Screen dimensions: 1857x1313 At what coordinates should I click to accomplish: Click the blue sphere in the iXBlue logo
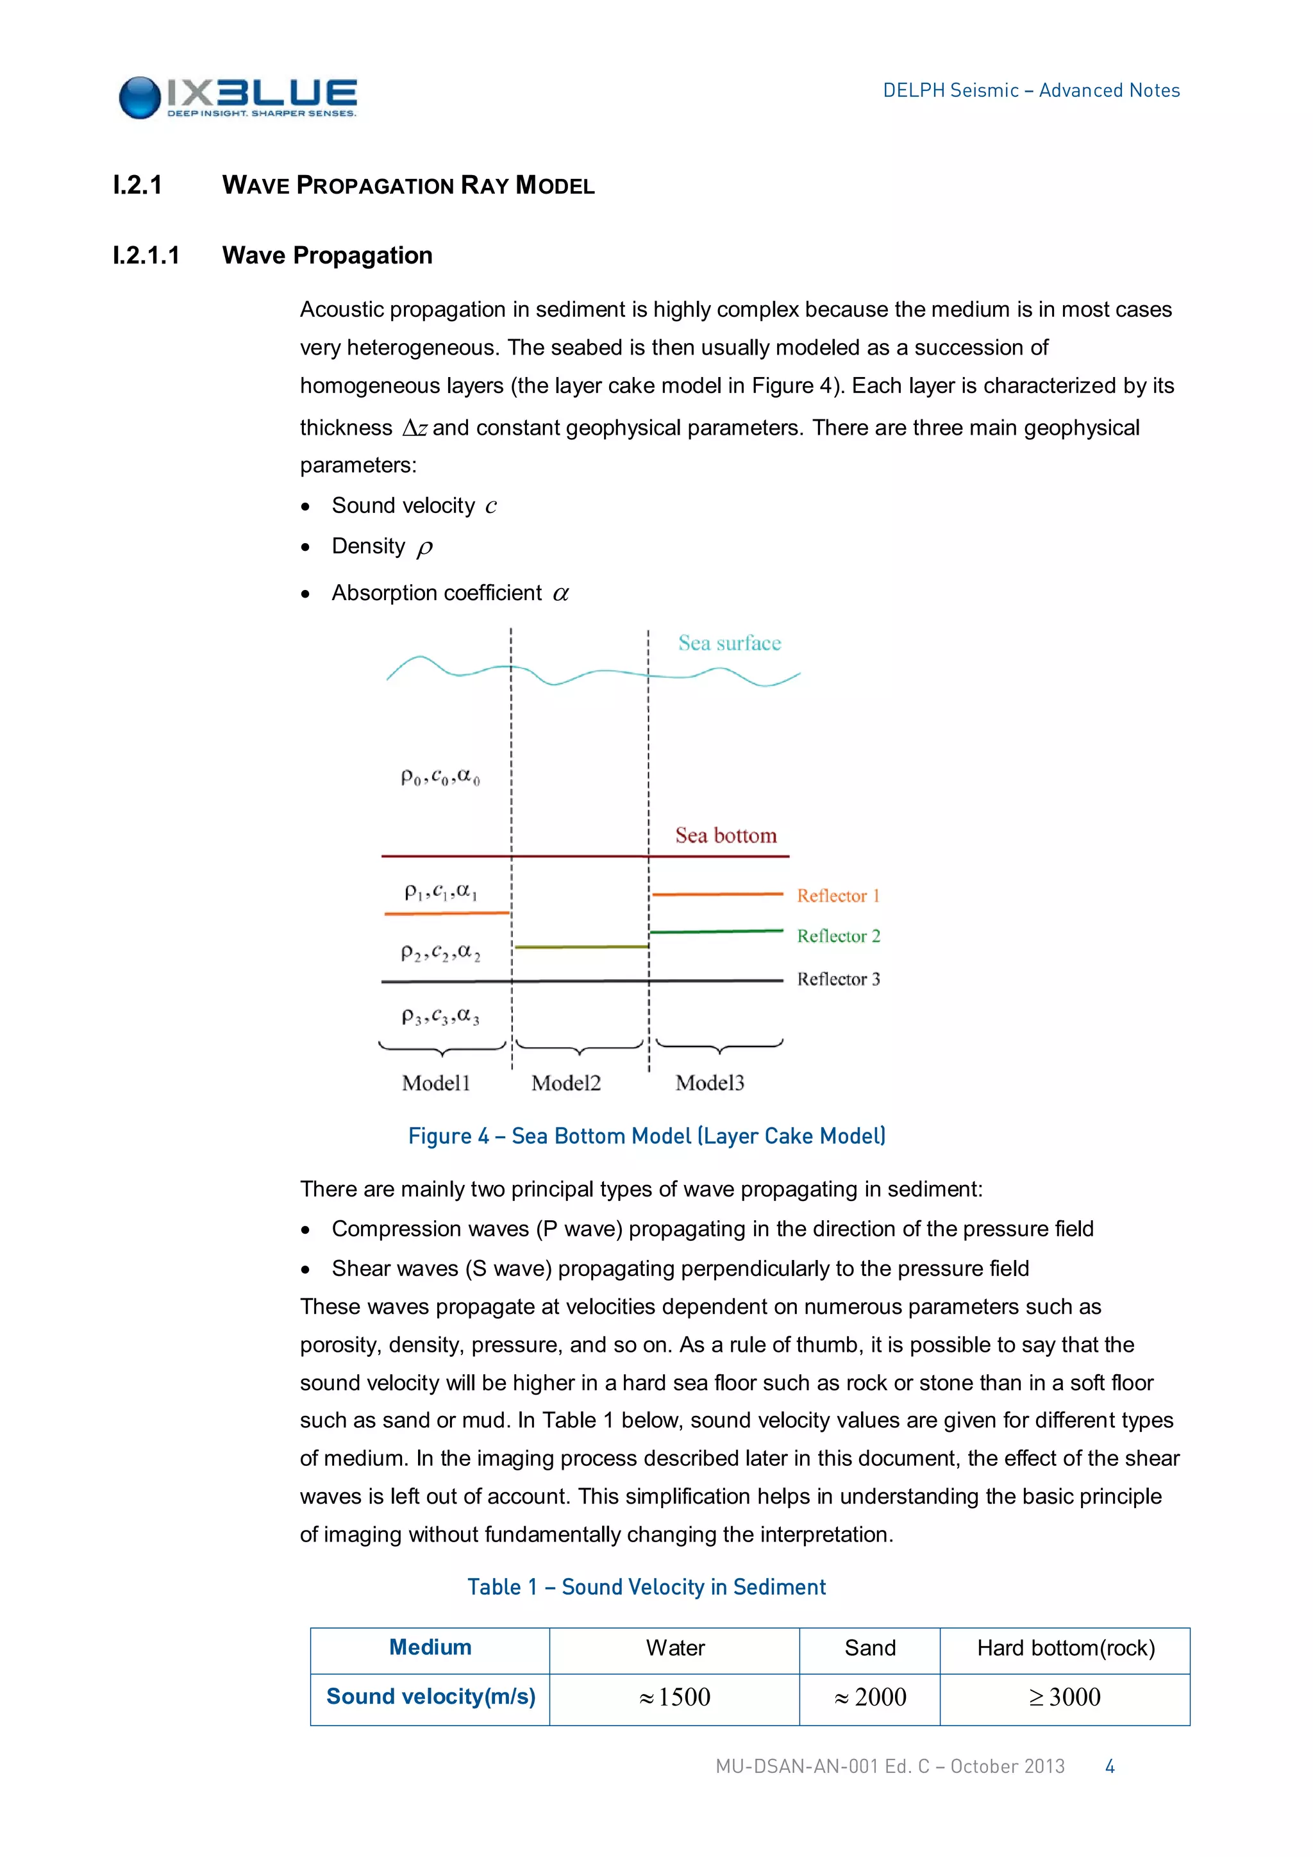(x=140, y=98)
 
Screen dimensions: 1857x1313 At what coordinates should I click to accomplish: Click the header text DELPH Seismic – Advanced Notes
(x=1030, y=90)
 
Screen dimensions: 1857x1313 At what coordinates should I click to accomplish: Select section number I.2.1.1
(x=146, y=256)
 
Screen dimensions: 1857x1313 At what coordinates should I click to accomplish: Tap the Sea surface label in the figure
(x=729, y=644)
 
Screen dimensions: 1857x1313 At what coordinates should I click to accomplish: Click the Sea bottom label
(x=725, y=836)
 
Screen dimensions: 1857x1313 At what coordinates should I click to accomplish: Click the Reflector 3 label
(x=837, y=979)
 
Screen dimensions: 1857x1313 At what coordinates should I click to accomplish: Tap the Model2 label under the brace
(x=566, y=1083)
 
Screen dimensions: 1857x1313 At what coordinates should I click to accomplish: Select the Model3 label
(x=709, y=1083)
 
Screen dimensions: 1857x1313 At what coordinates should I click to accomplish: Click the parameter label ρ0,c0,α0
(x=440, y=778)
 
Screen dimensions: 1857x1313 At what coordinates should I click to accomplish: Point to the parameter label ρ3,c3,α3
(x=440, y=1016)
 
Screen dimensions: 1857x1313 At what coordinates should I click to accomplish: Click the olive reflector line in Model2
(x=581, y=946)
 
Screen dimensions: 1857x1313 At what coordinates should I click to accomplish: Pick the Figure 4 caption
(x=647, y=1136)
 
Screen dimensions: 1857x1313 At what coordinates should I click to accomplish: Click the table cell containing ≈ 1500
(x=674, y=1697)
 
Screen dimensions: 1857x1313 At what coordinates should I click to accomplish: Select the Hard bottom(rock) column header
(x=1065, y=1649)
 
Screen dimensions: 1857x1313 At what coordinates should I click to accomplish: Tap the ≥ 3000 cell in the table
(x=1065, y=1697)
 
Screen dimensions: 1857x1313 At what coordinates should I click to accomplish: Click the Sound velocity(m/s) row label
(x=430, y=1697)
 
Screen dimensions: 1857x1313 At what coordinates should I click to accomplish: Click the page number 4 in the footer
(x=1109, y=1767)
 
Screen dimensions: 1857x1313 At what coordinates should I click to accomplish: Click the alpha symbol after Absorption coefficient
(x=560, y=594)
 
